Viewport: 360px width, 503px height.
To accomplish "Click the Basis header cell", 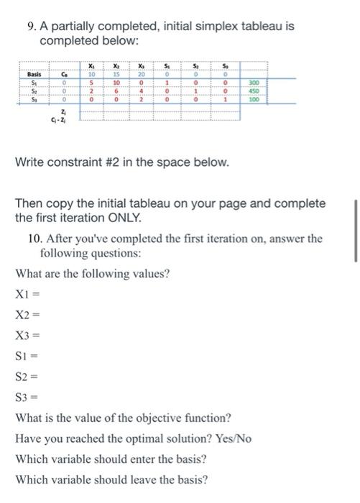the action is tap(34, 75).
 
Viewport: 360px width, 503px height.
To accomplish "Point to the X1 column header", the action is tap(91, 65).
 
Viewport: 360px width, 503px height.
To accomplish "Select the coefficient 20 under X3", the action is tap(142, 74).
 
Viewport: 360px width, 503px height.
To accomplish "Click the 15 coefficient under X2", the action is tap(116, 74).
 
